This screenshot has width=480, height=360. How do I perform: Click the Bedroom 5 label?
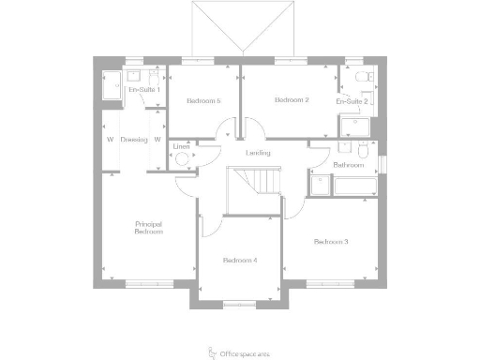point(203,100)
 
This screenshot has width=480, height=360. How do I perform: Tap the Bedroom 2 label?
point(292,100)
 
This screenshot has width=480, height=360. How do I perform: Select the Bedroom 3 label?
point(331,242)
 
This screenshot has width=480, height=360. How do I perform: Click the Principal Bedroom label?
point(149,227)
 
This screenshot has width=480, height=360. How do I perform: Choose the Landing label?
point(258,153)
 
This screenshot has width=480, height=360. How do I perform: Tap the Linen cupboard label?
point(181,146)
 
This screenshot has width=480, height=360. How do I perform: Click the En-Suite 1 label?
point(142,89)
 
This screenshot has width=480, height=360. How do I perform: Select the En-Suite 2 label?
point(352,100)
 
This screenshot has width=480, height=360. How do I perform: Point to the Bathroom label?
point(348,164)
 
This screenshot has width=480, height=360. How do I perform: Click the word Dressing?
point(134,139)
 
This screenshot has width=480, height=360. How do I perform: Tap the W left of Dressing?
point(110,139)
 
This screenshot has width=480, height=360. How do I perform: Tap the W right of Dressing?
point(157,139)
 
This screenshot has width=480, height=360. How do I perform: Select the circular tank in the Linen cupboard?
point(182,158)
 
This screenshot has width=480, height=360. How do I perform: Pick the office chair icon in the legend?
point(210,351)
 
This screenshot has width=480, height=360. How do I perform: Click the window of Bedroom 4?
point(239,302)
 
